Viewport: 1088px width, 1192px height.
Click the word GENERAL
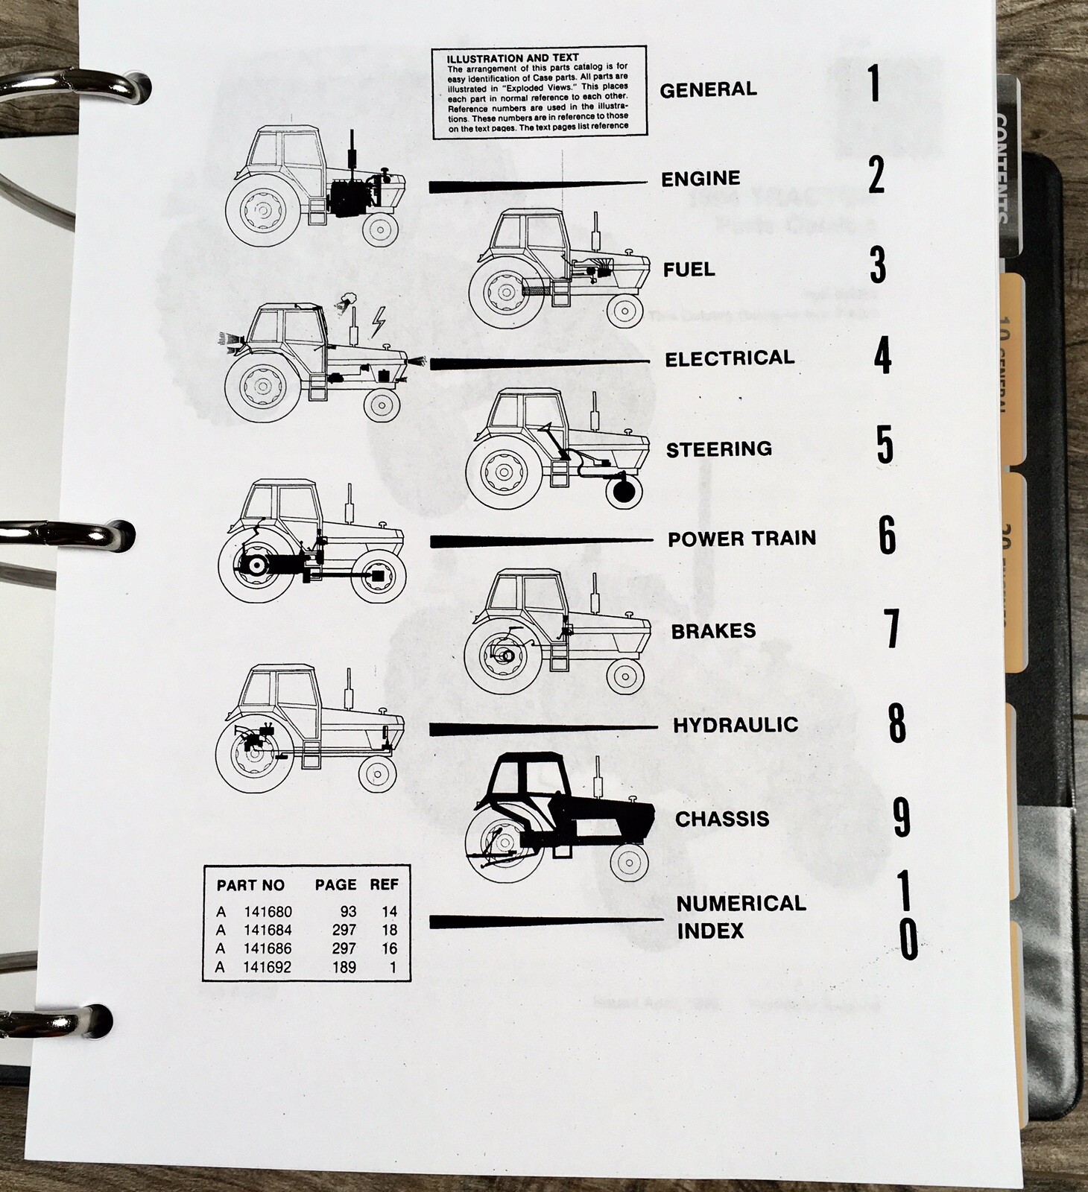tap(708, 89)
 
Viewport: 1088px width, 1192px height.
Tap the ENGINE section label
tap(700, 179)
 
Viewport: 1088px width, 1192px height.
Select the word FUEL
tap(689, 269)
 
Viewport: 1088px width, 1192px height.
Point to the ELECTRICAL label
tap(730, 359)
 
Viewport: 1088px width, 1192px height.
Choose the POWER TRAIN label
tap(741, 539)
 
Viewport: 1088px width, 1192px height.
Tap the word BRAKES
tap(713, 631)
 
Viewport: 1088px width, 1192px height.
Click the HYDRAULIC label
tap(735, 725)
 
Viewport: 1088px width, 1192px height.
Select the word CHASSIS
tap(721, 819)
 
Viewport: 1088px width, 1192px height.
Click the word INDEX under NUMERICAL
tap(710, 931)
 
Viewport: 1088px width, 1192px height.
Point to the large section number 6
tap(887, 535)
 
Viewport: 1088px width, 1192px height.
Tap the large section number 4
tap(882, 355)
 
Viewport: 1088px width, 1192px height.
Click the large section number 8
tap(896, 722)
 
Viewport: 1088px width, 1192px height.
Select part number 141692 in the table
tap(268, 968)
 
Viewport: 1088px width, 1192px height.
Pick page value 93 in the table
tap(347, 911)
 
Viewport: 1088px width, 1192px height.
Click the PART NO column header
tap(250, 885)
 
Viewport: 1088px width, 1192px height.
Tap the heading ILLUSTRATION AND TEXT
tap(512, 58)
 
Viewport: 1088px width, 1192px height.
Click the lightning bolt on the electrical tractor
tap(378, 320)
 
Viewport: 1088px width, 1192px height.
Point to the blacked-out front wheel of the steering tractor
tap(624, 491)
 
